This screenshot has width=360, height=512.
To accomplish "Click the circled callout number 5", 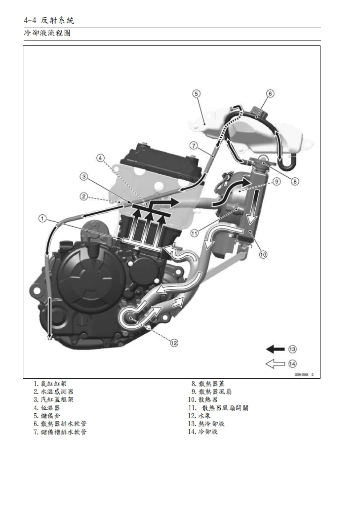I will (x=196, y=93).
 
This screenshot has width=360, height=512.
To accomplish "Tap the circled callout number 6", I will (x=270, y=93).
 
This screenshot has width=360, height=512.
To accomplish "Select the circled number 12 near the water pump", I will (x=174, y=342).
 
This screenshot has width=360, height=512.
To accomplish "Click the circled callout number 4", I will (x=101, y=158).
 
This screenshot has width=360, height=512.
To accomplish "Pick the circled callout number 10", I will (x=263, y=254).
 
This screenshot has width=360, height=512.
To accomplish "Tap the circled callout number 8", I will (x=295, y=181).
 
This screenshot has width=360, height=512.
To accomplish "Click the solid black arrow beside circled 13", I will (x=275, y=349).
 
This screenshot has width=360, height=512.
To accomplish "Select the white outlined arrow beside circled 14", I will (x=275, y=363).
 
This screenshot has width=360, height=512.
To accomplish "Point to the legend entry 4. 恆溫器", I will (x=47, y=408).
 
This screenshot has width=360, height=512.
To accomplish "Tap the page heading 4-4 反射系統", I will (x=49, y=20).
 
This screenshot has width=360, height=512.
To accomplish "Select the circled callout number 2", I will (x=84, y=196).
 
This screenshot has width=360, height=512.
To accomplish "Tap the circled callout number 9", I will (x=277, y=181).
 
